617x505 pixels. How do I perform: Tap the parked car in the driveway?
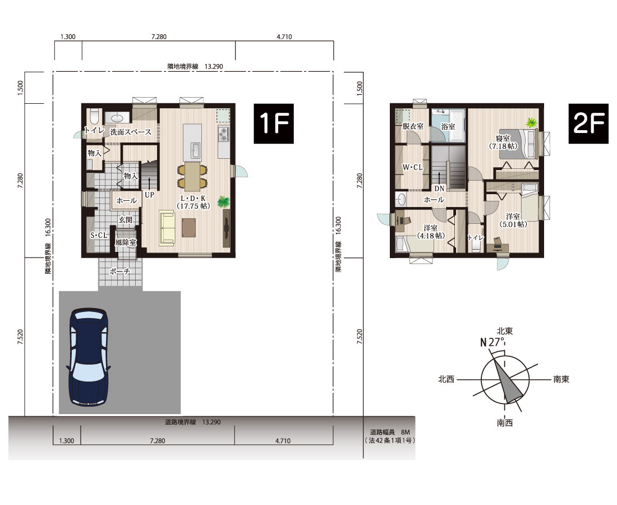88,356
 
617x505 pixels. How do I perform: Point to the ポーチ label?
120,272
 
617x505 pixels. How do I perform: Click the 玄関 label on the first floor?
125,219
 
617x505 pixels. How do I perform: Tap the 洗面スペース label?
130,132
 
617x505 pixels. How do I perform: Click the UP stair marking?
149,195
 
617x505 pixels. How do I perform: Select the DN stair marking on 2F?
439,189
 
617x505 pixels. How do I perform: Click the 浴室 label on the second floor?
448,127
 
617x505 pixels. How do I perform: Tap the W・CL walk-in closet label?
412,167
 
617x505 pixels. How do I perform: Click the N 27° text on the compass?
492,342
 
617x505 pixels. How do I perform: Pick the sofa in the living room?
167,227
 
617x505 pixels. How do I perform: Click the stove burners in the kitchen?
224,134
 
